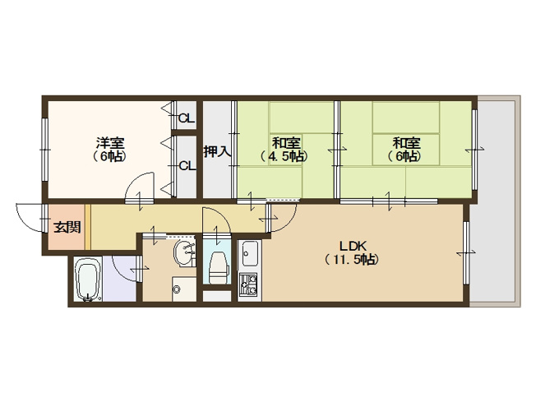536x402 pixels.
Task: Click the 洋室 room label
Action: tap(110, 142)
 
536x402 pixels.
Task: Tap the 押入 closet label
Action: tap(217, 151)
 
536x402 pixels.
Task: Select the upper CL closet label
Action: tap(187, 118)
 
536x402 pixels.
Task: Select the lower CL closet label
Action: tap(187, 166)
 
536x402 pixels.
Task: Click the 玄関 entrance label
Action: tap(67, 227)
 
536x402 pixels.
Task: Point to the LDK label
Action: tap(353, 246)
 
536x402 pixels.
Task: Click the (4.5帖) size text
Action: tap(284, 156)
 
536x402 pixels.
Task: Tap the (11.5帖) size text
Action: tap(352, 260)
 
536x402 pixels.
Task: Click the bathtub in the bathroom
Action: tap(88, 280)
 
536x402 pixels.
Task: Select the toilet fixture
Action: tap(218, 268)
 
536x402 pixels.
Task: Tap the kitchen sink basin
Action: tap(250, 253)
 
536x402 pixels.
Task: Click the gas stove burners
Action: tap(247, 284)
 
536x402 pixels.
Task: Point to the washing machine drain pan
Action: tap(184, 289)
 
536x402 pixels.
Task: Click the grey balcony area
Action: tap(495, 201)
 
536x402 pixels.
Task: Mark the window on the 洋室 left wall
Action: tap(44, 150)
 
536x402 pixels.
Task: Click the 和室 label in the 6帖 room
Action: tap(406, 142)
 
